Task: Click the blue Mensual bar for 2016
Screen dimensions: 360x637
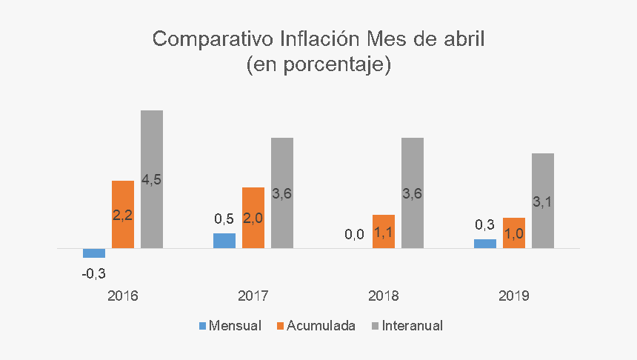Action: point(94,253)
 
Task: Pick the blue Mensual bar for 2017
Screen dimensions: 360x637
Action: point(224,241)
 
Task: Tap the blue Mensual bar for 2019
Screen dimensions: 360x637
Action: point(485,244)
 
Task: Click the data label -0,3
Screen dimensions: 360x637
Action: point(94,273)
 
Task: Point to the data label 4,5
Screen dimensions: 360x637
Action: point(152,179)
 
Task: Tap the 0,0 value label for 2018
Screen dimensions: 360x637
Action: point(355,235)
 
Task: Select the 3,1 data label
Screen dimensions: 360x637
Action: point(543,201)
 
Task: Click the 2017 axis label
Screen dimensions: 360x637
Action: point(253,296)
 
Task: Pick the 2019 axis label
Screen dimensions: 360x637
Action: point(514,296)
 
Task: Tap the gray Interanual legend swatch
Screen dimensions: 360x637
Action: point(376,325)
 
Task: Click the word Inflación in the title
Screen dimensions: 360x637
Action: point(319,39)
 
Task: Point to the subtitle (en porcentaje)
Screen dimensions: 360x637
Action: point(318,64)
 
